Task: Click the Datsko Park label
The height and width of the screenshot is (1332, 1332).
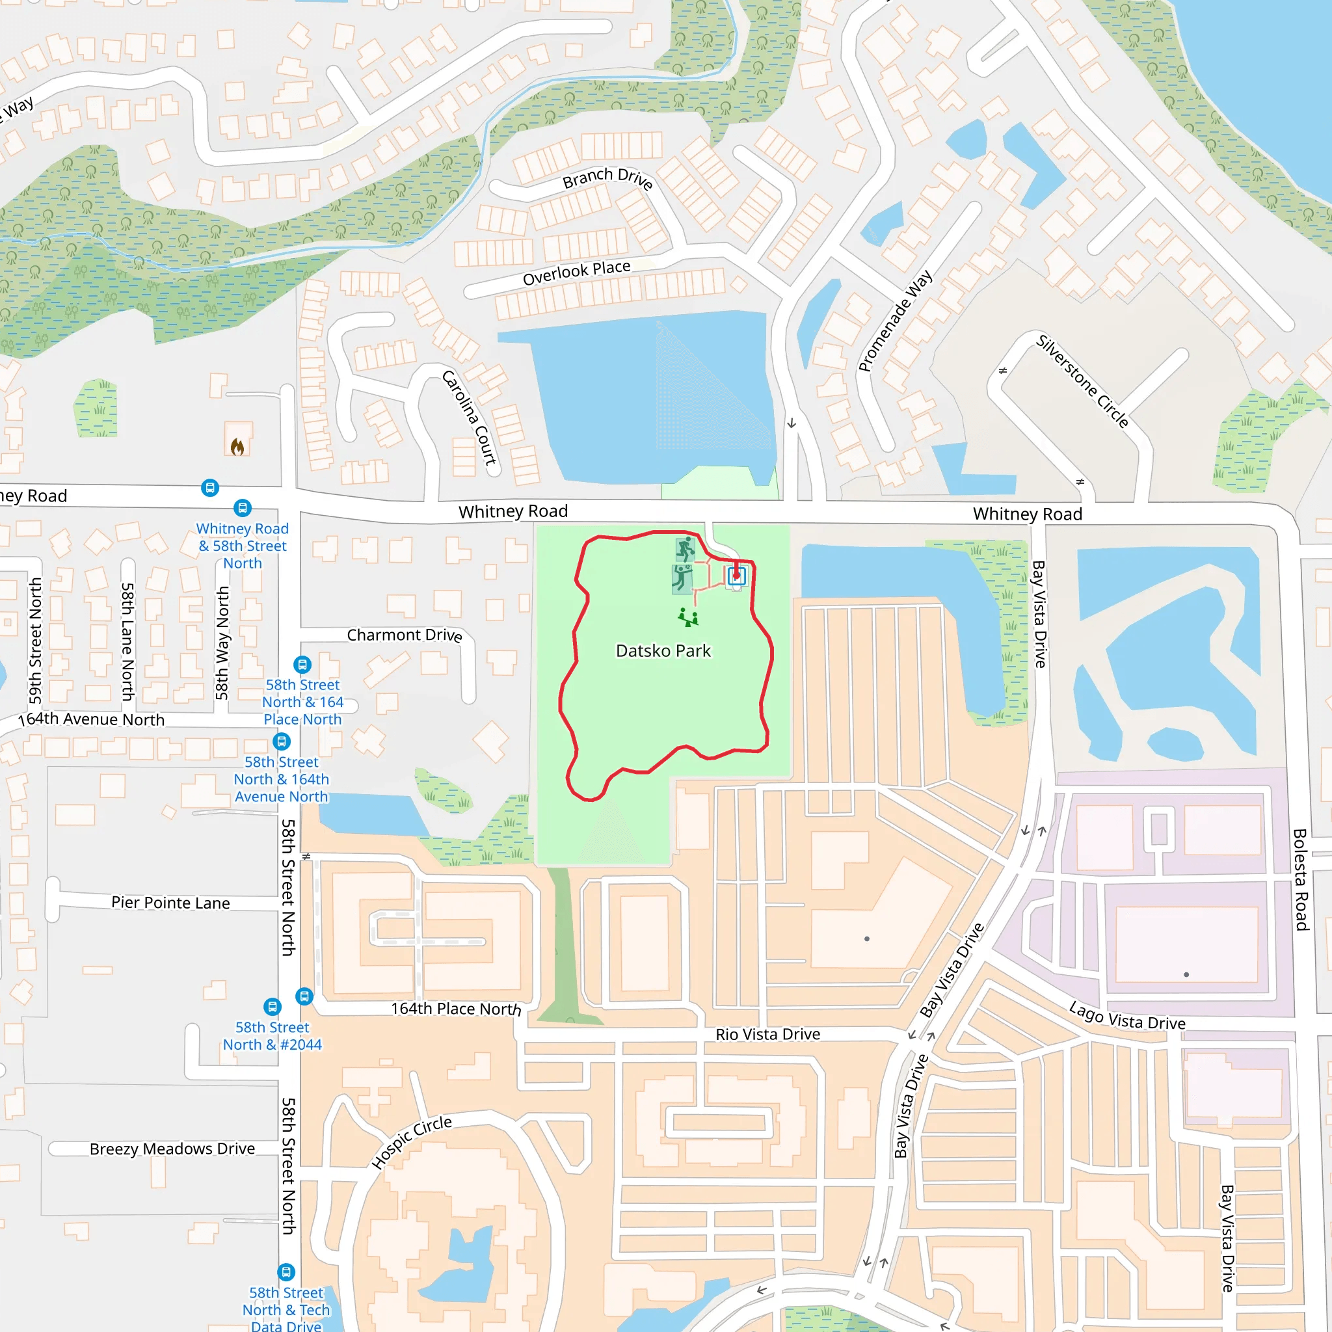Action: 663,651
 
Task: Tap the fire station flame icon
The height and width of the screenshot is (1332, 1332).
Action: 237,447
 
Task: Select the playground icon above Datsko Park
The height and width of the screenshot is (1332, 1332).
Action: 688,617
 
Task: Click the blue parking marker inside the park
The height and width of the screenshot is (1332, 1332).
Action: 736,575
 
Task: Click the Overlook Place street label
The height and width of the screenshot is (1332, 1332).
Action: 576,273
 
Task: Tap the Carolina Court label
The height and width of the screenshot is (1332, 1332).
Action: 469,418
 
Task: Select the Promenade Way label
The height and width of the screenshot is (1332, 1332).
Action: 895,321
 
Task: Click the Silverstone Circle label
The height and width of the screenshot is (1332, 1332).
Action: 1082,380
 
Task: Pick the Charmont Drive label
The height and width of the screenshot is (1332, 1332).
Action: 404,635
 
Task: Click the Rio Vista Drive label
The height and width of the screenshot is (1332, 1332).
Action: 767,1034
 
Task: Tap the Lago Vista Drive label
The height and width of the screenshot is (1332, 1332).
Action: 1126,1017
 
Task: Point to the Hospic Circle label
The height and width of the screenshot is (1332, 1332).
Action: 412,1141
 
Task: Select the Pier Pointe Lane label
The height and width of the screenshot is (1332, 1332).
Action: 170,903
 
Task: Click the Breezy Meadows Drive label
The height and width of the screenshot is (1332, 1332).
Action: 172,1149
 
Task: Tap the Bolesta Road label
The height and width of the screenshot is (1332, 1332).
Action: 1300,879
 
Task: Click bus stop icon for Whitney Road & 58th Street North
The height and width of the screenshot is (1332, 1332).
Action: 242,508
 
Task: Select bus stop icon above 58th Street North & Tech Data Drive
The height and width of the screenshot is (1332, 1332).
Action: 286,1272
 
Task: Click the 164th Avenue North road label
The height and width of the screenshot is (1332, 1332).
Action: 91,719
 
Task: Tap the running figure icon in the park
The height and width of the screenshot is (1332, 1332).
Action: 685,550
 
